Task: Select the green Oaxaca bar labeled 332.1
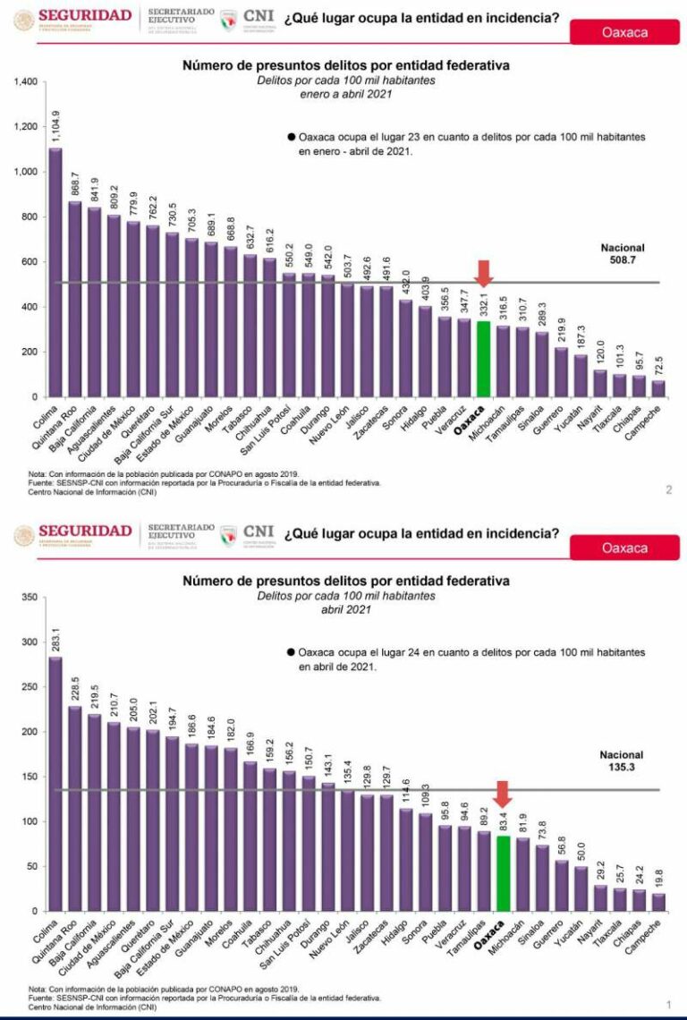click(483, 359)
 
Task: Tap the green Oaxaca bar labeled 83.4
click(504, 873)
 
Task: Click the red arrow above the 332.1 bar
click(483, 273)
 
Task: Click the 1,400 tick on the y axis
click(25, 82)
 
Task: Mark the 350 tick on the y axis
click(29, 597)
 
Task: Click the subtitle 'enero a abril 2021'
click(345, 93)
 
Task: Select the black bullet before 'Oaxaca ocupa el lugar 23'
click(291, 138)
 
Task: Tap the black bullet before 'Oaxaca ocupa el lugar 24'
click(291, 653)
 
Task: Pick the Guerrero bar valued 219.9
click(561, 371)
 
